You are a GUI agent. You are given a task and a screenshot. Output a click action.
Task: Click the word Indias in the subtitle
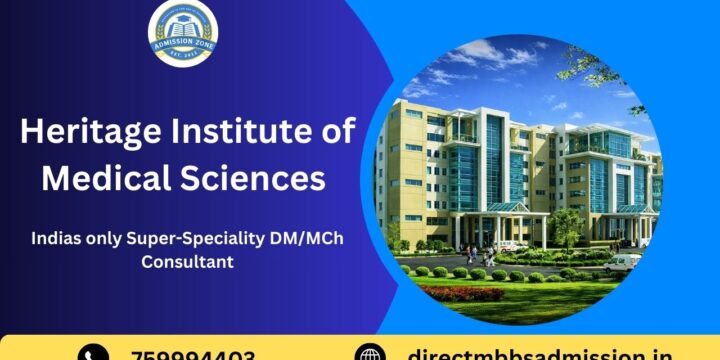(56, 239)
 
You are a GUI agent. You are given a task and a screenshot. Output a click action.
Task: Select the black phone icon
(93, 353)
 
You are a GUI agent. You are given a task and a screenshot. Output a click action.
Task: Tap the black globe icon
(371, 353)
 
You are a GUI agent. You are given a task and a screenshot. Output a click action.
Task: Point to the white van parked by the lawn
(621, 262)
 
